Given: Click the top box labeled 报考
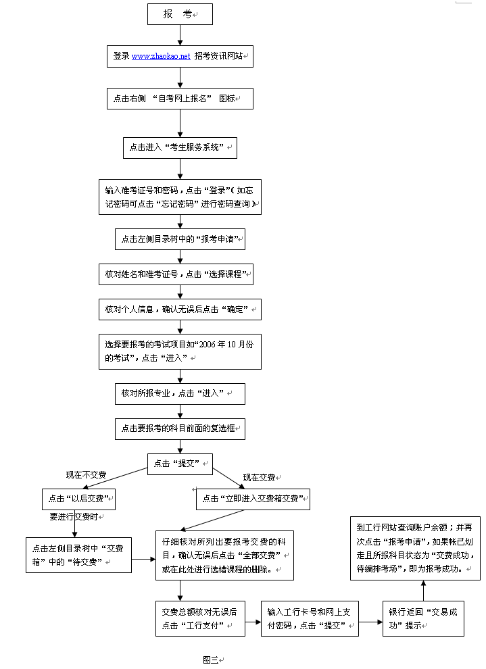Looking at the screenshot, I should [180, 14].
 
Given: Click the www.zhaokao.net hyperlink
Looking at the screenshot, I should [161, 57].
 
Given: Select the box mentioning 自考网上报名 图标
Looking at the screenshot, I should [180, 98].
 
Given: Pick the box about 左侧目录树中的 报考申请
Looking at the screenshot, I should [180, 239].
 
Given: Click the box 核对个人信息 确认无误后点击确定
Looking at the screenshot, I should [180, 309].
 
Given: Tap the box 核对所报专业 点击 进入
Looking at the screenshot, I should [180, 393].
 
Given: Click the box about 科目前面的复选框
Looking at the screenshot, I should [180, 428].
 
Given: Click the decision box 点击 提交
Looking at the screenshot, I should [180, 464].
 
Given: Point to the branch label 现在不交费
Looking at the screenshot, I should [86, 475].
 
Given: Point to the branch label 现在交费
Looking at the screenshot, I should [259, 478].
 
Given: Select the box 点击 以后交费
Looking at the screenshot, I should [79, 499].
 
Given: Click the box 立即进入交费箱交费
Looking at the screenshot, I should [253, 499].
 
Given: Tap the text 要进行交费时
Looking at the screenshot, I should [78, 517].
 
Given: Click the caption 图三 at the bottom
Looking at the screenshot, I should [210, 660].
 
